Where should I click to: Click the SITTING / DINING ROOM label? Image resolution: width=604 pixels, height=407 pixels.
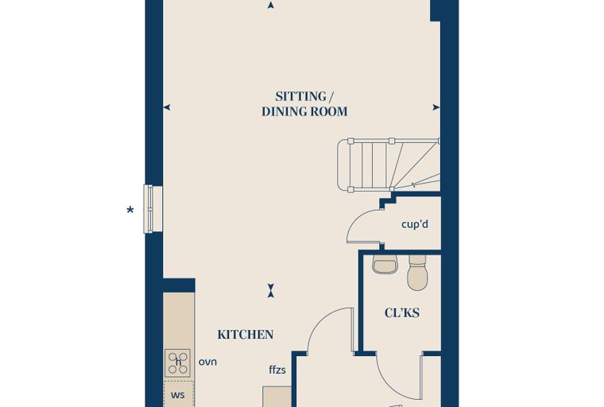(x=304, y=103)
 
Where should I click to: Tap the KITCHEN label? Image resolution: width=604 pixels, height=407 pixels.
(x=246, y=335)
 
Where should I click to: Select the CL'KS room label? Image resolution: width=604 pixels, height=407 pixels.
(x=402, y=312)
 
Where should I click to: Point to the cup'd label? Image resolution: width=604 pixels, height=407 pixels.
(x=415, y=224)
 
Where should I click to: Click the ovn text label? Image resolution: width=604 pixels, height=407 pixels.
(x=207, y=362)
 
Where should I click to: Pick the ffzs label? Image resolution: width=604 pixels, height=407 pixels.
(x=277, y=370)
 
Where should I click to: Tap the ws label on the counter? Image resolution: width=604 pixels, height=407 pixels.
(x=177, y=395)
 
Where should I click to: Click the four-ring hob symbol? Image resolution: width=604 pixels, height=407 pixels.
(x=177, y=362)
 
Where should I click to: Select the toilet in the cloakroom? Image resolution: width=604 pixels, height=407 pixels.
(x=417, y=272)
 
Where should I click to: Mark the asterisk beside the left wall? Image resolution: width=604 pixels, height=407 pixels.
(x=130, y=210)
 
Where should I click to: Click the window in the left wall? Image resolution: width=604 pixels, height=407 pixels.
(x=153, y=209)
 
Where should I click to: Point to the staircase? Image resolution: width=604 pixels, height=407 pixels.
(x=389, y=165)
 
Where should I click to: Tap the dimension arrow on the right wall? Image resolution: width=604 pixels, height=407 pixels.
(x=436, y=107)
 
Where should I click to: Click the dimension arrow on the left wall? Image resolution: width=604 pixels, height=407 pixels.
(x=167, y=107)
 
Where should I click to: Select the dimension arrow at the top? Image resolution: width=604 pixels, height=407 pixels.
(x=271, y=5)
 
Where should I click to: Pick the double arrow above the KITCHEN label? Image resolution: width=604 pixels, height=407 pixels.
(x=271, y=291)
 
